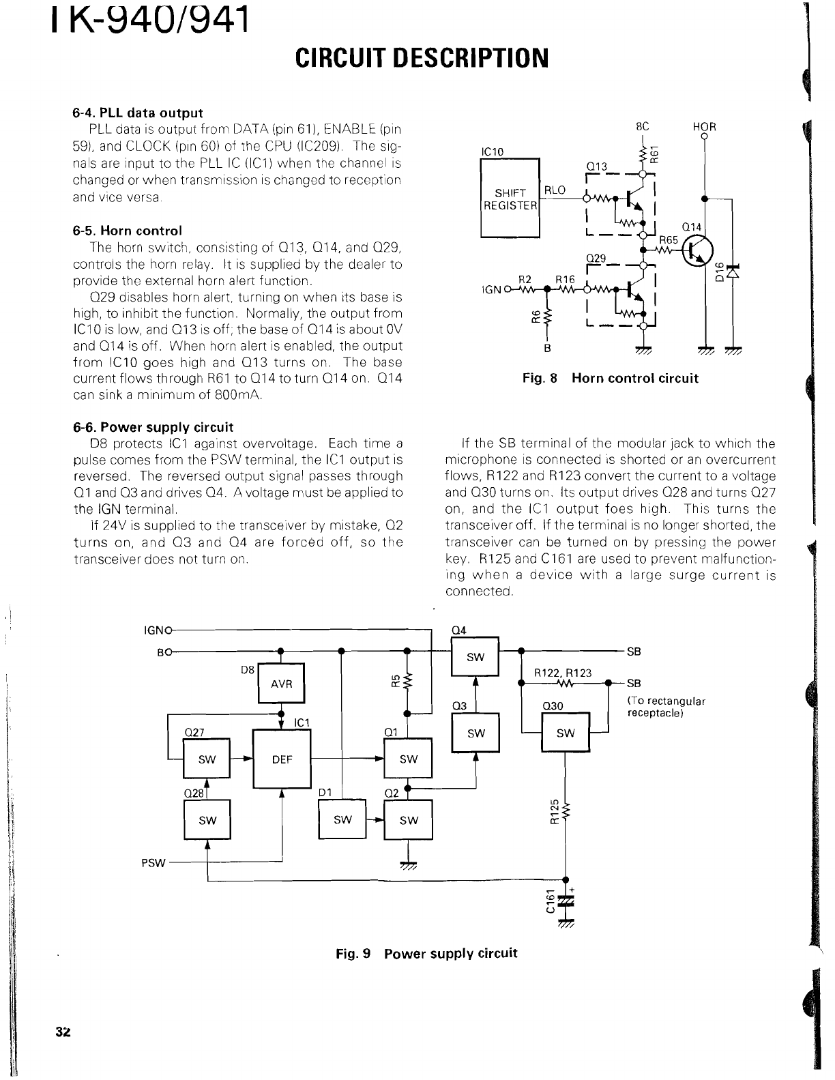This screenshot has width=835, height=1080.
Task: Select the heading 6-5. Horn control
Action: pos(128,231)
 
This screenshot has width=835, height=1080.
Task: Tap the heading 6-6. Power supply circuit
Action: pos(153,428)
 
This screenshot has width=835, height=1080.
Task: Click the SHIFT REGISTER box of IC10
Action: pos(510,198)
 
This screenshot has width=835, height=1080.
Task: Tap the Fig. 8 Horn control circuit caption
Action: pos(610,378)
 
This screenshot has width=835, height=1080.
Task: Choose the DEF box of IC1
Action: pos(282,758)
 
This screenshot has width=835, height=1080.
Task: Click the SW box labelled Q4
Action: pos(475,657)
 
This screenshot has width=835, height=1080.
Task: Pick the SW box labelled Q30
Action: pos(566,733)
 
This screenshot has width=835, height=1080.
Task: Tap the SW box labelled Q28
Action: pos(207,820)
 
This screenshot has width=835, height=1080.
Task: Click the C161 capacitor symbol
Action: pos(566,902)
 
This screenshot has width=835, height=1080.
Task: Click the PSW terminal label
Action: pos(153,862)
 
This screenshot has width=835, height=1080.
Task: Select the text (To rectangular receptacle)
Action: pos(665,707)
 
